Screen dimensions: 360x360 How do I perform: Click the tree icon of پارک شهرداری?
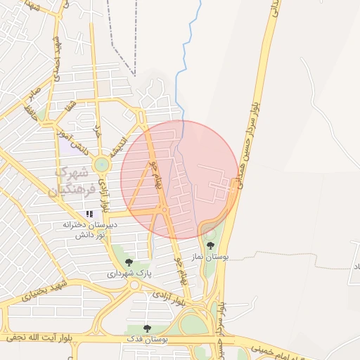(128, 262)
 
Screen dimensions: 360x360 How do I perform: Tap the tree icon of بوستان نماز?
(210, 245)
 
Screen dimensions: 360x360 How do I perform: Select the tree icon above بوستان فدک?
(147, 328)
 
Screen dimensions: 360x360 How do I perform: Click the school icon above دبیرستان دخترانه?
(89, 214)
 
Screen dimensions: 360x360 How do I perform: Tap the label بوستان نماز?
(210, 257)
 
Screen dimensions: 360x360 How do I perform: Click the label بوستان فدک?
(146, 339)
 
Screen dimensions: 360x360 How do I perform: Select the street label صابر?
(34, 89)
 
